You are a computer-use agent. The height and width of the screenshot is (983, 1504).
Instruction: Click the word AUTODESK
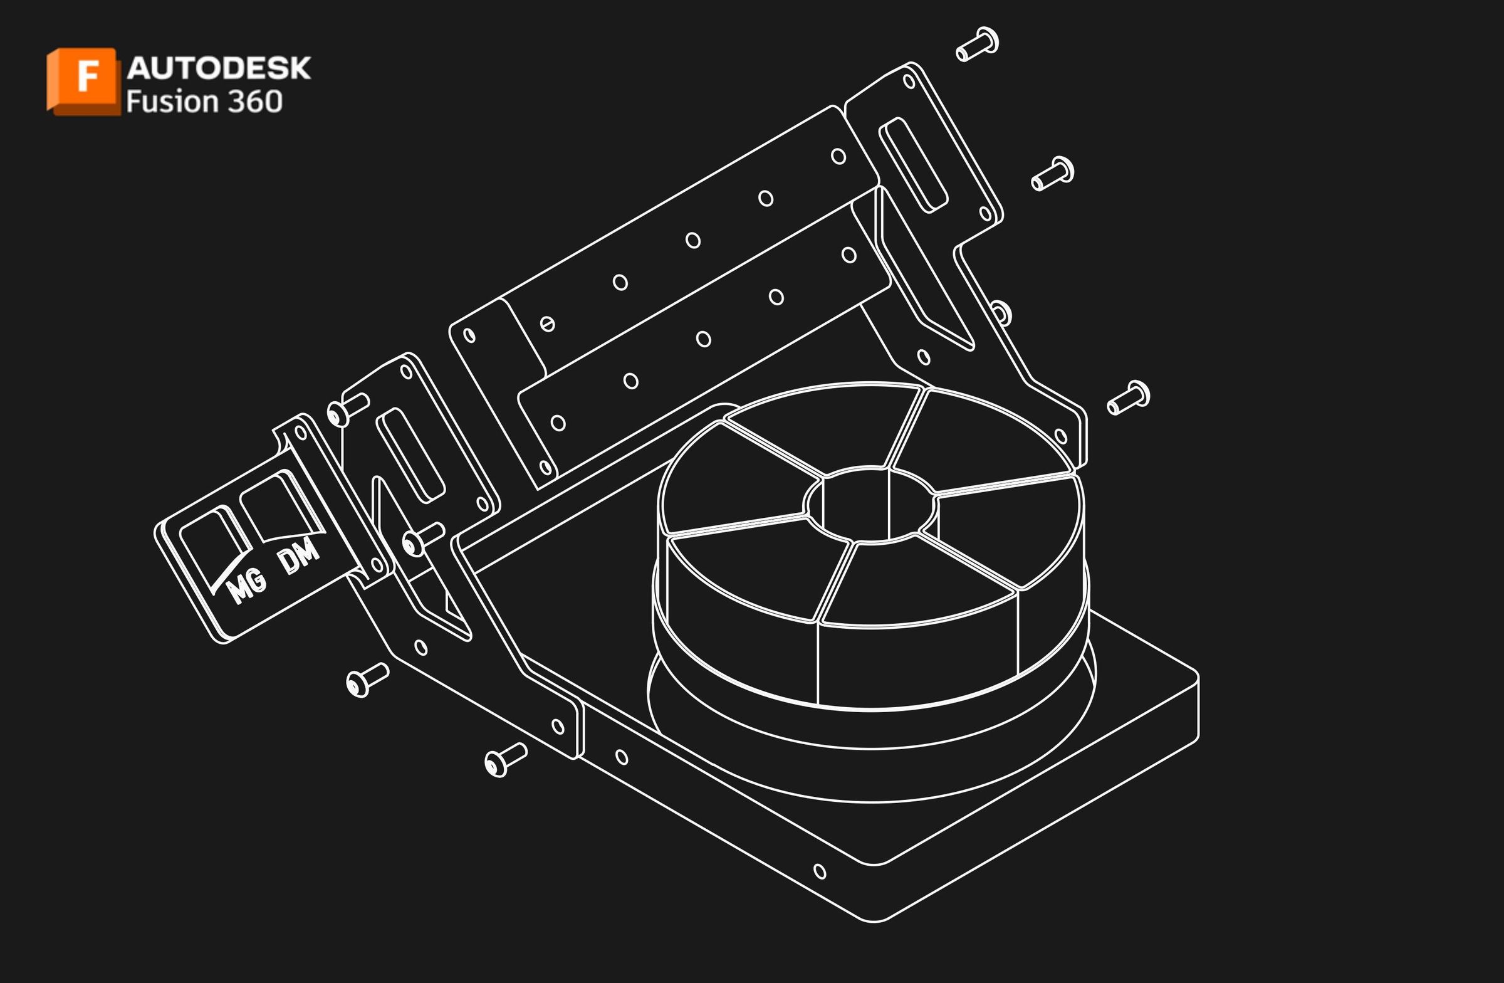[x=219, y=68]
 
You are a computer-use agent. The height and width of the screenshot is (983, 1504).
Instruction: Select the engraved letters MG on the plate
[x=246, y=587]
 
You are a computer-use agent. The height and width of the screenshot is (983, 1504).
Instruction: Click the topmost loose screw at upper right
[x=977, y=45]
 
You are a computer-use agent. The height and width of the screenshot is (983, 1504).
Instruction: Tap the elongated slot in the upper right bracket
[x=913, y=165]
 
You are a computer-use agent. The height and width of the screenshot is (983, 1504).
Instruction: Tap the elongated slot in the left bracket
[x=410, y=455]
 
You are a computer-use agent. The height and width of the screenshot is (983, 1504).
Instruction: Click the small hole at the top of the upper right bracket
[x=909, y=81]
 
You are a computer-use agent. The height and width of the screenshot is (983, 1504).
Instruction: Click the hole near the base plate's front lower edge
[x=820, y=872]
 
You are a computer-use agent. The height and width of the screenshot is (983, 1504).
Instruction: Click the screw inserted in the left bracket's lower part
[x=423, y=539]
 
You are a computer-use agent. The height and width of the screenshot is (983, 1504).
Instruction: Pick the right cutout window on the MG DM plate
[x=278, y=509]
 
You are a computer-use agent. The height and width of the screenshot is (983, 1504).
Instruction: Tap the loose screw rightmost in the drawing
[x=1129, y=397]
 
